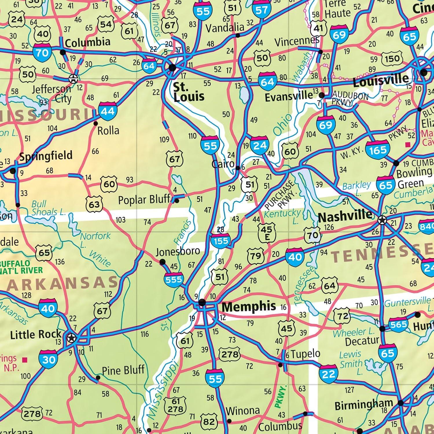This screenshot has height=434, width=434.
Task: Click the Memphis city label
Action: (249, 307)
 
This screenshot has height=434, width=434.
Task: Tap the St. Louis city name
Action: (189, 92)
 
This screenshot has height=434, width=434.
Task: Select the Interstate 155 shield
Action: (221, 240)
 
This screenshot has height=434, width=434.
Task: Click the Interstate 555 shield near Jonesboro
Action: (174, 279)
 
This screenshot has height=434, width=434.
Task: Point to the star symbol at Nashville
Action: (382, 221)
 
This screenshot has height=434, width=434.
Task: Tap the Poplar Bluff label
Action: (144, 199)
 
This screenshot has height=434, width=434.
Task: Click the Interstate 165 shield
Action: (378, 150)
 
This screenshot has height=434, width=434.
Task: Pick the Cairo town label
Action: (223, 164)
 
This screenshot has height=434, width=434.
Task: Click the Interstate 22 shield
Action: (328, 374)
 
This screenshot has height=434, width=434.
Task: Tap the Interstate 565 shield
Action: (398, 324)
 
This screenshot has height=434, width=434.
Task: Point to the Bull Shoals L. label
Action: (48, 208)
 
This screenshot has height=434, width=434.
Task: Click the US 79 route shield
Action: (255, 256)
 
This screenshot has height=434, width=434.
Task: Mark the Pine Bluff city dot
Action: (98, 378)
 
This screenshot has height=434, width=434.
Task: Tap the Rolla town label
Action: (108, 131)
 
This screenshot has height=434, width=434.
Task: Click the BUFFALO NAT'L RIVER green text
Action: (21, 267)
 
